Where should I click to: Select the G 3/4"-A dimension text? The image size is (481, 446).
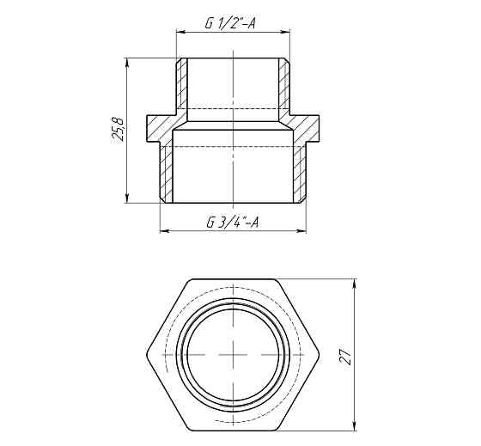[x=233, y=223]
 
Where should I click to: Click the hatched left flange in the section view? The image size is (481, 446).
[x=160, y=129]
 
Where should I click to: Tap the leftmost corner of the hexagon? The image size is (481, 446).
[x=149, y=355]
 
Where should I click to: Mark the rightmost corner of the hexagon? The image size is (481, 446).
[x=318, y=355]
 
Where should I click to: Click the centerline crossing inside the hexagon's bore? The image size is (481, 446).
[x=233, y=355]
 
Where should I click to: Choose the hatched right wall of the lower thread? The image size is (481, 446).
[x=300, y=172]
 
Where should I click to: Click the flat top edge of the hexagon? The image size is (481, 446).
[x=233, y=280]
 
